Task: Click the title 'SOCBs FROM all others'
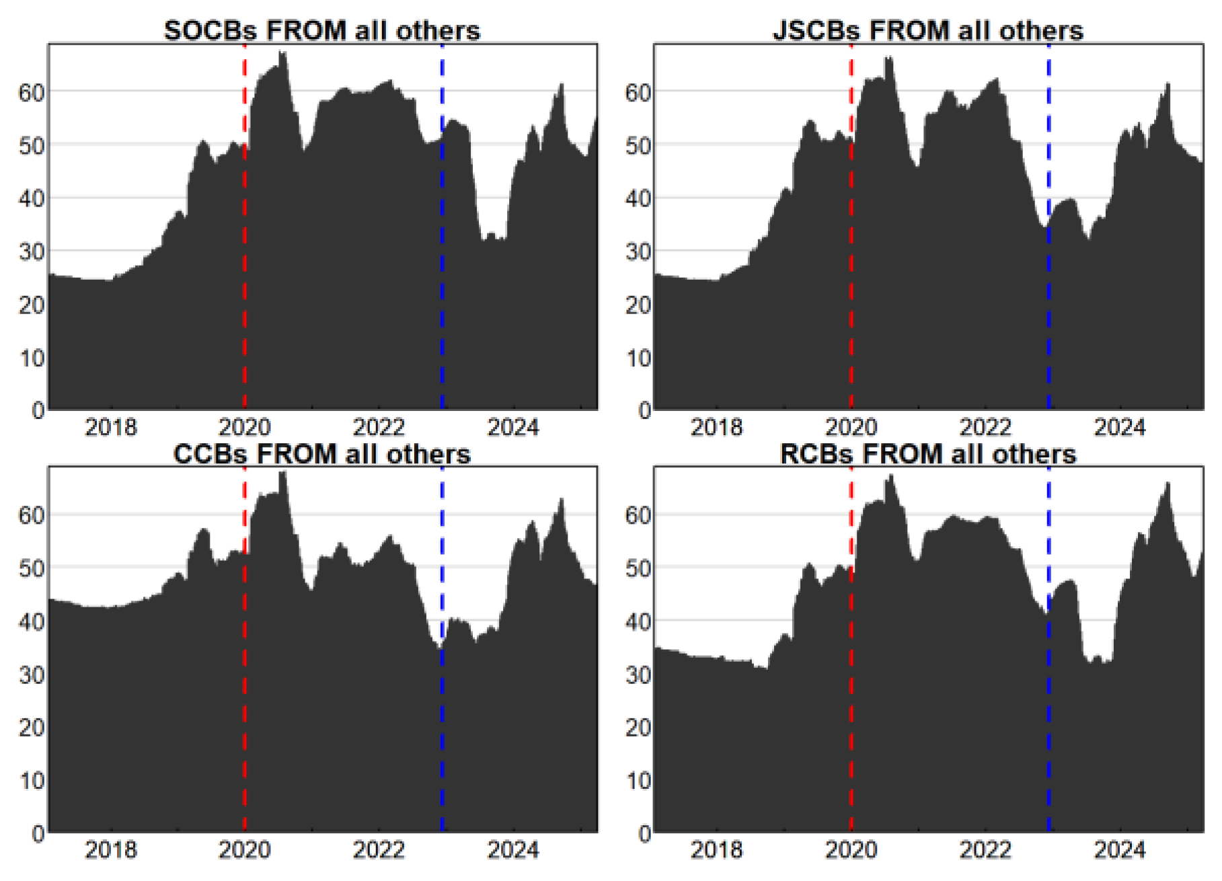321,31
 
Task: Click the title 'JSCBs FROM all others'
927,31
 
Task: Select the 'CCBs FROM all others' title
321,454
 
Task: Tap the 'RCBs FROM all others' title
927,454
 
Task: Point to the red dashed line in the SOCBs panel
244,269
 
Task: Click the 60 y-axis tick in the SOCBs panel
31,93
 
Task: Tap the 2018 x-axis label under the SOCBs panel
110,427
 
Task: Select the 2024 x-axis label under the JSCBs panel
1119,427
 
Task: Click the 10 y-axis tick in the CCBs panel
31,781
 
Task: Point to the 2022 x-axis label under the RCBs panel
985,850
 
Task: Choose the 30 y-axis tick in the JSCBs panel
638,252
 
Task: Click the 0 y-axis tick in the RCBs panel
644,834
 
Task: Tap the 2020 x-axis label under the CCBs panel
244,850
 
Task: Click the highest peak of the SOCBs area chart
282,52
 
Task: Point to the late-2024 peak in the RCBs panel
1168,484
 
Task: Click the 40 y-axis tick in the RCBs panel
638,621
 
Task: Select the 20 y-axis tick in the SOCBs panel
31,305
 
